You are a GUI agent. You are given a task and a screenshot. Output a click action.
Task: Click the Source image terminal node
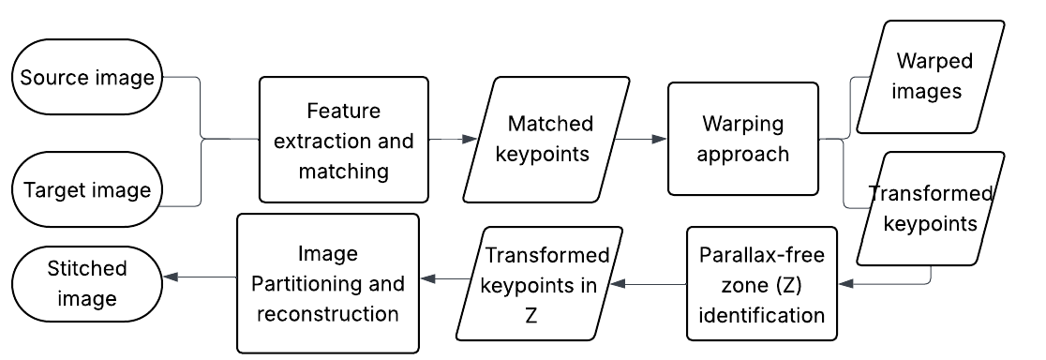pyautogui.click(x=87, y=78)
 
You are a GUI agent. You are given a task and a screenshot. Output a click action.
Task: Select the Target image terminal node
pyautogui.click(x=87, y=191)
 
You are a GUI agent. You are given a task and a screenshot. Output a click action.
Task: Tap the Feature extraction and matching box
pyautogui.click(x=343, y=140)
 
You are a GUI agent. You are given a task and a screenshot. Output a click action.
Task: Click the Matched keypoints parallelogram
pyautogui.click(x=549, y=140)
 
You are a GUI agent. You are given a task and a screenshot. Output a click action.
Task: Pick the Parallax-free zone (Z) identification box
pyautogui.click(x=761, y=284)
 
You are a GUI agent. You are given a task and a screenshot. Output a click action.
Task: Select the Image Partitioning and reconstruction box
pyautogui.click(x=327, y=284)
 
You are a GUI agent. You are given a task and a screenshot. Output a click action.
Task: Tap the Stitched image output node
pyautogui.click(x=87, y=284)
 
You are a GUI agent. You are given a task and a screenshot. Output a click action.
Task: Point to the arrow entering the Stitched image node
pyautogui.click(x=199, y=277)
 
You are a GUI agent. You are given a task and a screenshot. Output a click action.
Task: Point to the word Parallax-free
pyautogui.click(x=760, y=254)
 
